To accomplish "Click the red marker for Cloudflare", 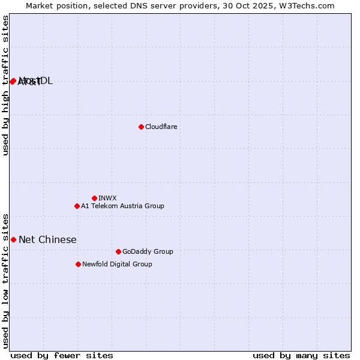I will pos(141,127).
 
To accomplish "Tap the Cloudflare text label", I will pos(161,127).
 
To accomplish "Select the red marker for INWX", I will pos(94,198).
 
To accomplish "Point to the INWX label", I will pos(107,199).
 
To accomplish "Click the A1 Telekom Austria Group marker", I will pos(77,206).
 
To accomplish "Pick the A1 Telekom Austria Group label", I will pos(122,206).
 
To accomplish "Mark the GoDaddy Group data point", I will pos(118,251).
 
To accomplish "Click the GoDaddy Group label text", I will pos(148,252).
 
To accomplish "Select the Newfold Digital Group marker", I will pos(78,264).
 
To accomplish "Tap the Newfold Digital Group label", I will pos(117,265).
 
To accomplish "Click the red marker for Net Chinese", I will pos(13,239).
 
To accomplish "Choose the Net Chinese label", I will pos(47,240).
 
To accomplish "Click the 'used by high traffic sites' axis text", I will pos(6,85).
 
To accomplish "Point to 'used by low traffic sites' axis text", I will pos(6,280).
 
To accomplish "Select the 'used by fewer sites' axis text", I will pos(62,355).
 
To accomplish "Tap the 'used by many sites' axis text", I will pos(301,355).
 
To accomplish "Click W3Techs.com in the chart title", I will pos(310,5).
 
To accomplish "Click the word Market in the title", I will pos(40,5).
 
